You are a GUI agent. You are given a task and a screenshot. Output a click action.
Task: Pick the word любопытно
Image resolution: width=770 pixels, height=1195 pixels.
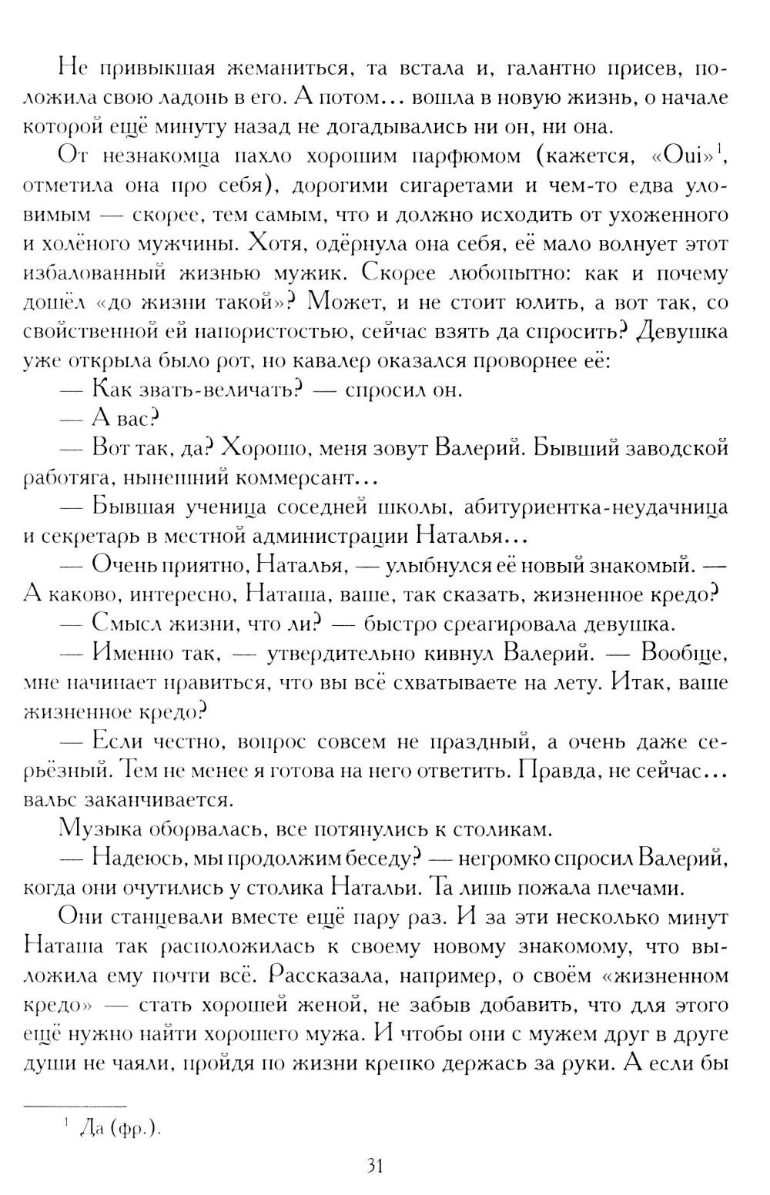click(503, 273)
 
